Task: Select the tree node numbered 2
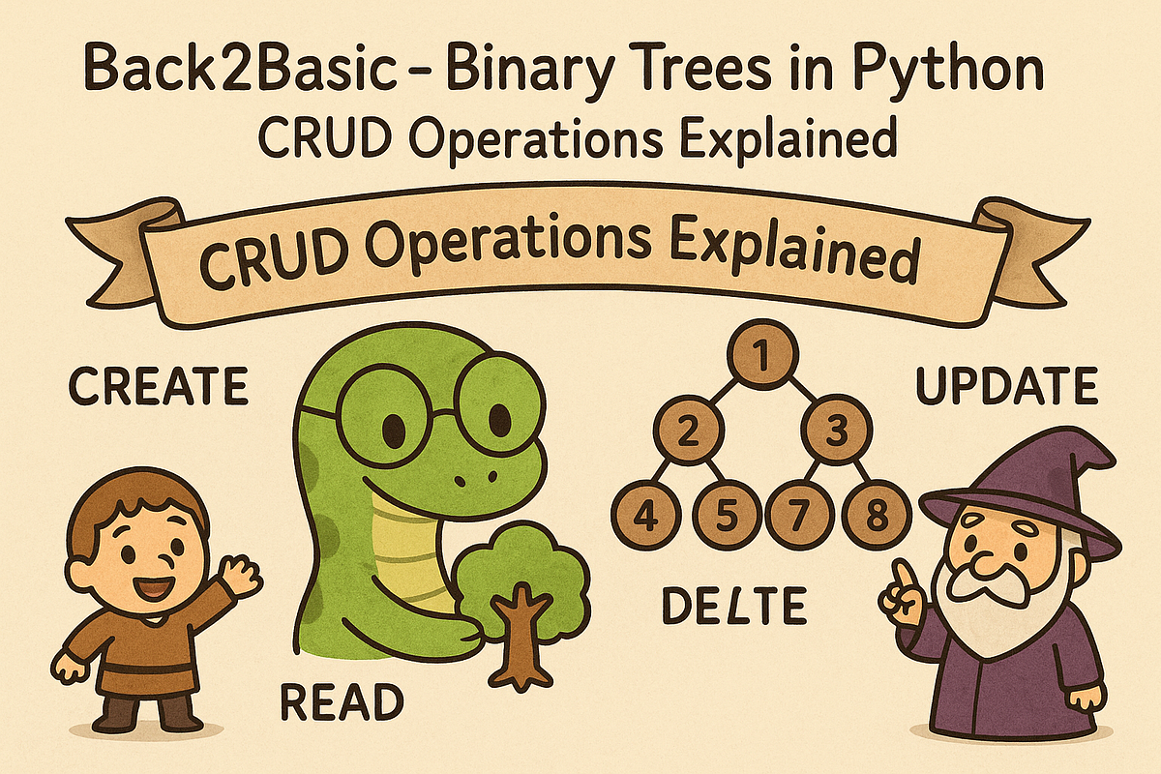coord(687,432)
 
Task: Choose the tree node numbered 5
coord(725,515)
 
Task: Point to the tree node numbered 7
coord(800,515)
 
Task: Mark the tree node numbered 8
coord(877,515)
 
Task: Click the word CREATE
coord(158,387)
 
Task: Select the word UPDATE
coord(1006,387)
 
